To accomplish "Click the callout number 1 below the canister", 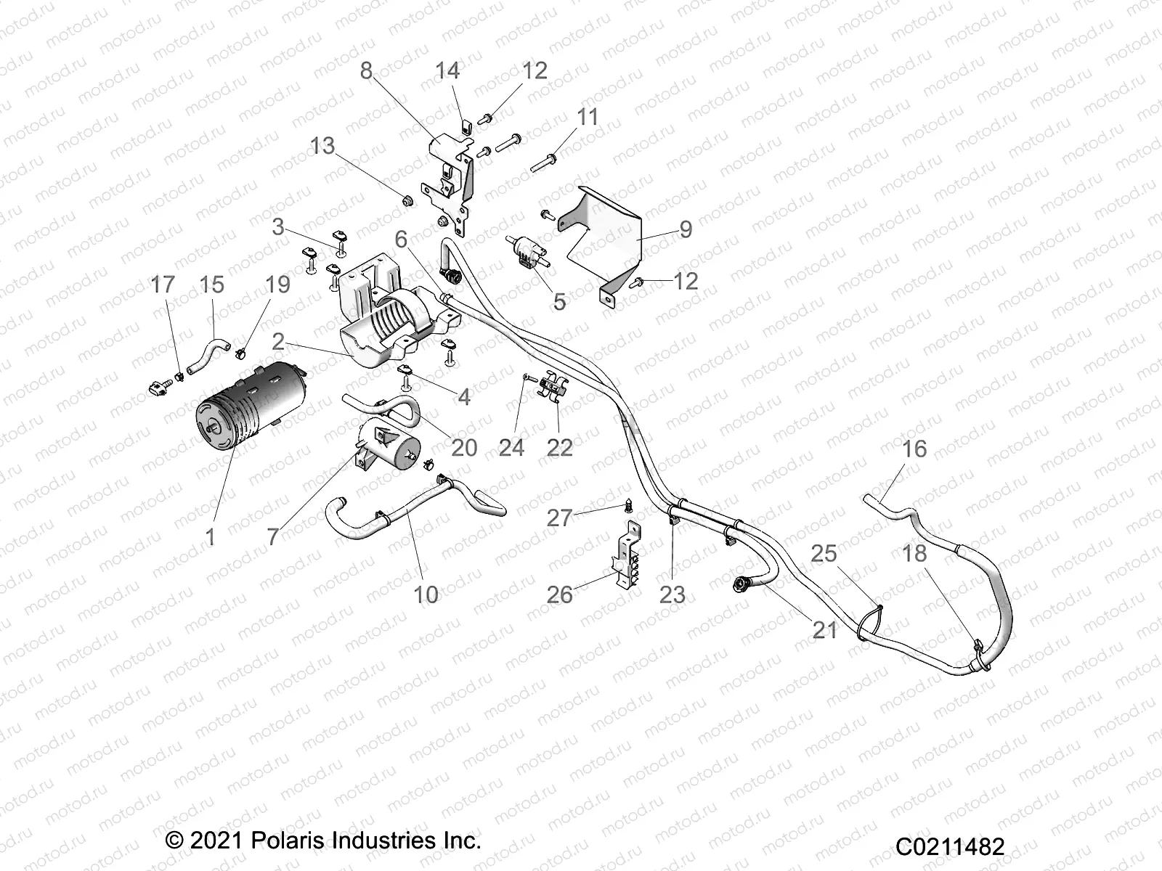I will pyautogui.click(x=211, y=537).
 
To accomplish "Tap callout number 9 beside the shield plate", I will pyautogui.click(x=686, y=229).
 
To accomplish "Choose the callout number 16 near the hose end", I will pyautogui.click(x=914, y=449).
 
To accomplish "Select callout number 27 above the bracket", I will pyautogui.click(x=560, y=518).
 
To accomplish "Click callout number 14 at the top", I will pyautogui.click(x=447, y=70).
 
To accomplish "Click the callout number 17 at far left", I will pyautogui.click(x=163, y=285).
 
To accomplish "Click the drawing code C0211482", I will pyautogui.click(x=949, y=846).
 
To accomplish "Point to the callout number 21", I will pyautogui.click(x=824, y=629).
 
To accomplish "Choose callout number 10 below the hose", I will pyautogui.click(x=426, y=594).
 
